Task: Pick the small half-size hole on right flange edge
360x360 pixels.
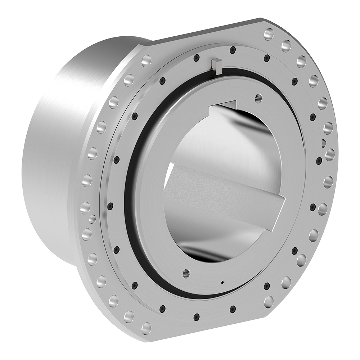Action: click(323, 143)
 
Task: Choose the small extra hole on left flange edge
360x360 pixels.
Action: click(92, 219)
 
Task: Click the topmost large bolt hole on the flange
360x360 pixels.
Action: click(269, 34)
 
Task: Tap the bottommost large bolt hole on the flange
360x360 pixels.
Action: click(146, 328)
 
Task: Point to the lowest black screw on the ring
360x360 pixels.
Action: click(197, 317)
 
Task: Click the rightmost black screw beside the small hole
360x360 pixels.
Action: click(319, 160)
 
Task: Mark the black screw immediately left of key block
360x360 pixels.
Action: click(196, 58)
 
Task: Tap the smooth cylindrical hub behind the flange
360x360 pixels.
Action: click(54, 144)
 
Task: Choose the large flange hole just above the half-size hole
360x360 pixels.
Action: click(328, 128)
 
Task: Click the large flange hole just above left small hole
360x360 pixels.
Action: click(85, 207)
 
